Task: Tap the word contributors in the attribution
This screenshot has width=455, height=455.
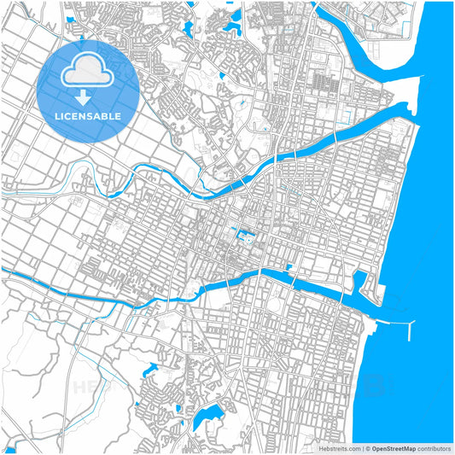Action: point(434,448)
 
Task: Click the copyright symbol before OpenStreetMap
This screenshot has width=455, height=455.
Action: point(368,448)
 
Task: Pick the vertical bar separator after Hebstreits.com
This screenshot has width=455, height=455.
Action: point(362,448)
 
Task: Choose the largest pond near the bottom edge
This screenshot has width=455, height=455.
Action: point(206,419)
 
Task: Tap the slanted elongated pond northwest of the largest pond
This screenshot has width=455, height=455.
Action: point(151,370)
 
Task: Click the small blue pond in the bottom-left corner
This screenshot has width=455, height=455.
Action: point(10,449)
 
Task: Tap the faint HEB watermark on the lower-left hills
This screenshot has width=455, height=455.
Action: point(90,388)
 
